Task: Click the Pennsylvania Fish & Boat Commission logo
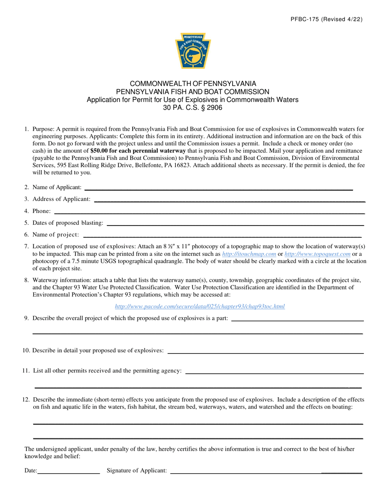pos(193,51)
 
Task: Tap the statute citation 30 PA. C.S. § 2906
pos(192,108)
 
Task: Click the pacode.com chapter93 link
pos(200,306)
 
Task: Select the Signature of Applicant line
pos(265,472)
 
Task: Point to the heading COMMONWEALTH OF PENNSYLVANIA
pos(192,84)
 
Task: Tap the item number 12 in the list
pos(26,400)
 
